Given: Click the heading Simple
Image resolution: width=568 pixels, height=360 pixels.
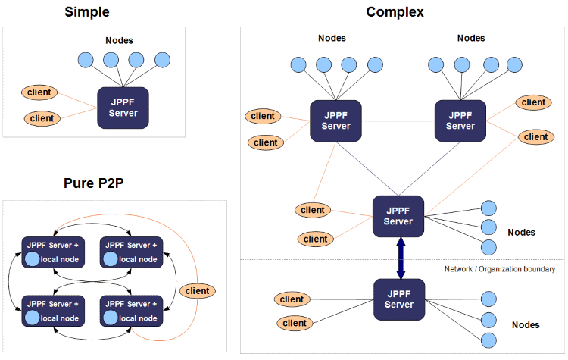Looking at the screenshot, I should [86, 11].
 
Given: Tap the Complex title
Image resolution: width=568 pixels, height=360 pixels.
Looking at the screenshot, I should [395, 11].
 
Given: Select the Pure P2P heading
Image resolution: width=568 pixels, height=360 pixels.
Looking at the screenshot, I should [100, 183].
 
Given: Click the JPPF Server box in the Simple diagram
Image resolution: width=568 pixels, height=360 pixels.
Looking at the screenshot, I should [123, 107].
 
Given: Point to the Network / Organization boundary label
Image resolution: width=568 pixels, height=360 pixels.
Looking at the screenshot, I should [500, 269].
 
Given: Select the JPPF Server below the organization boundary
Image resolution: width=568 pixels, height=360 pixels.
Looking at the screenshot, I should [398, 299].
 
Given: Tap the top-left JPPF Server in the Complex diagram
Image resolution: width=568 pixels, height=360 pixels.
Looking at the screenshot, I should [335, 121].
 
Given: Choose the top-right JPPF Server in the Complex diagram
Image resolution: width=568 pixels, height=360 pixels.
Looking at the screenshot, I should [460, 121].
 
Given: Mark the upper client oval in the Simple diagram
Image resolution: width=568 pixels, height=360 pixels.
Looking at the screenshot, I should [39, 92].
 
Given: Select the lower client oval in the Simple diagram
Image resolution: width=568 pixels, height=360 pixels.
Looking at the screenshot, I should [42, 118].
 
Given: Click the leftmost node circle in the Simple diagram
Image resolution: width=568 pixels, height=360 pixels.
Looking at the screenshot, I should [86, 60].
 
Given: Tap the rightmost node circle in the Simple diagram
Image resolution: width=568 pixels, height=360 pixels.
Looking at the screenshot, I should [162, 60].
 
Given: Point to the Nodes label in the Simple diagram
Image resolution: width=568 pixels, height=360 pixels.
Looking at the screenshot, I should [120, 39].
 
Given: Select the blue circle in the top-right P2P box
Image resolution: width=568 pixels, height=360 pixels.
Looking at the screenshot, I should [111, 259].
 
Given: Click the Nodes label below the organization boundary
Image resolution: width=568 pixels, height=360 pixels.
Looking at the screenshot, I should [526, 324].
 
